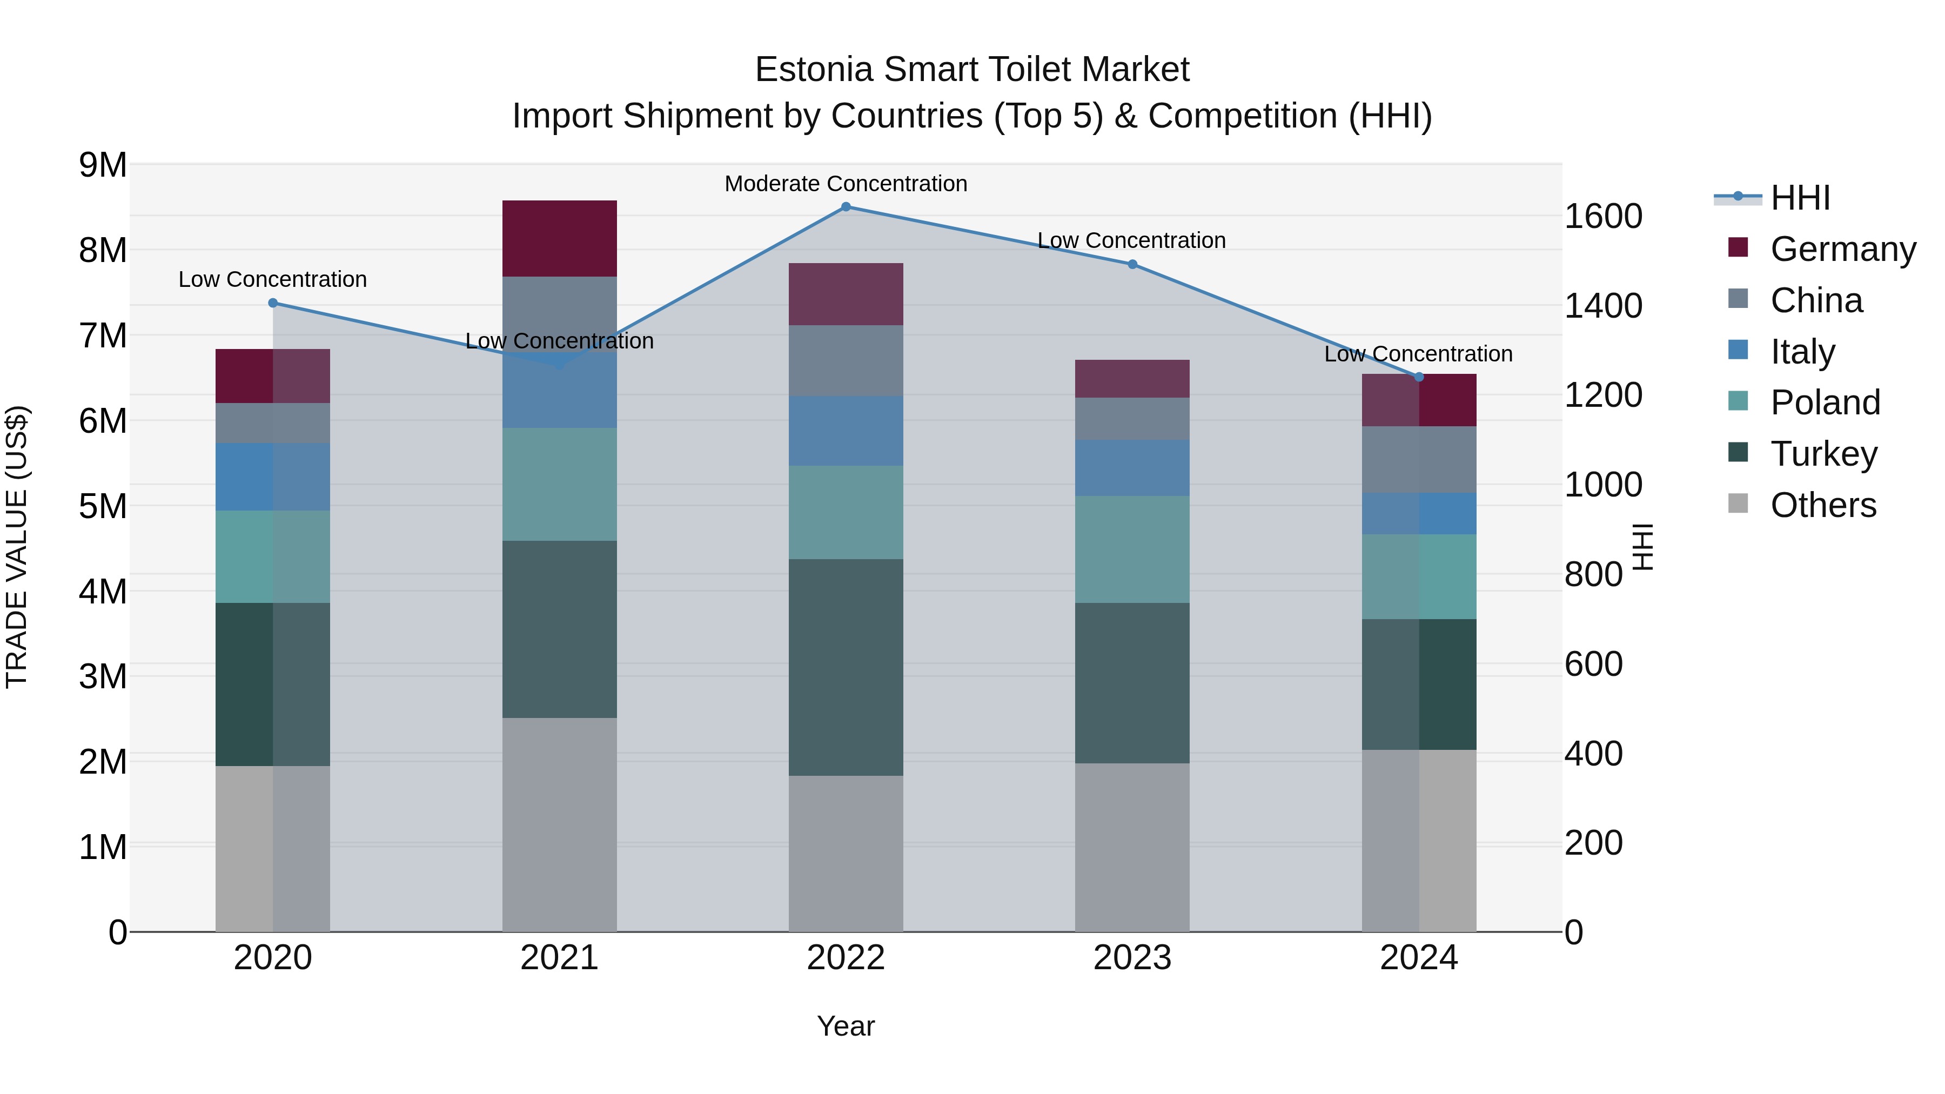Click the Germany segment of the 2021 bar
560,239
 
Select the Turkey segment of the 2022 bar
846,667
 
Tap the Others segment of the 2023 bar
1132,847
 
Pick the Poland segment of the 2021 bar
560,484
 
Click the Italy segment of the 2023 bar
1132,468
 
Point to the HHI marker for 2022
846,207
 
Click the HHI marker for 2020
273,303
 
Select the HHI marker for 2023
1132,264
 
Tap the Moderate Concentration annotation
846,184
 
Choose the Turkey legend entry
1823,454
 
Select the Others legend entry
1823,505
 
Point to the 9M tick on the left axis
103,165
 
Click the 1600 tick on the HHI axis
1603,217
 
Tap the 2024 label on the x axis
1419,958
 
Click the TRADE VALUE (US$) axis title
17,547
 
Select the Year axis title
846,1026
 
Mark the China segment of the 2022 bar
846,361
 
